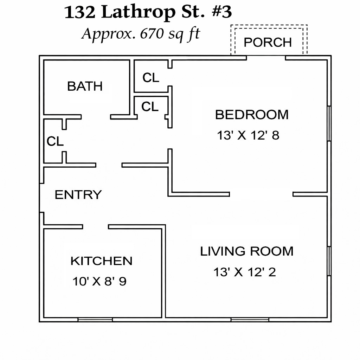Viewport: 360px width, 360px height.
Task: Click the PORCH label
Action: click(268, 42)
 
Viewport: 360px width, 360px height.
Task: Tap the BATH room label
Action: click(85, 86)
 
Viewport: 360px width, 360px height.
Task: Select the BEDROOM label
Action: click(252, 115)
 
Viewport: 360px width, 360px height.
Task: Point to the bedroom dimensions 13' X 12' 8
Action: click(248, 135)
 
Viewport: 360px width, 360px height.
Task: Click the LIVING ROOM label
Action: click(247, 251)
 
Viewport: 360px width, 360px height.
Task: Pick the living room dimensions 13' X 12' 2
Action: click(245, 272)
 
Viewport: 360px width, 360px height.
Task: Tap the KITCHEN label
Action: click(101, 261)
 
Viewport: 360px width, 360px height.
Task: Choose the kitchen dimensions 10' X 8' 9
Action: click(99, 281)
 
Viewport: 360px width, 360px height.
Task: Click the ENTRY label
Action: click(78, 195)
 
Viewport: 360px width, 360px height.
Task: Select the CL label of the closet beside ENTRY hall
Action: click(55, 141)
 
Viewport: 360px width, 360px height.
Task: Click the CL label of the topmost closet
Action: click(150, 78)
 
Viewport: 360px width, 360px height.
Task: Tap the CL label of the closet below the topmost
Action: click(150, 107)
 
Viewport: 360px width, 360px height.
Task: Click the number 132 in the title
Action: click(79, 12)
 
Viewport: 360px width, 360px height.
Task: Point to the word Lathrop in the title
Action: click(139, 12)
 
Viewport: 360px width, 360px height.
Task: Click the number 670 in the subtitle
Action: click(152, 33)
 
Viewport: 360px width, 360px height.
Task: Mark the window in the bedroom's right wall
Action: click(329, 123)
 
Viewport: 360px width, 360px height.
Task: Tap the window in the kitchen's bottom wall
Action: click(95, 320)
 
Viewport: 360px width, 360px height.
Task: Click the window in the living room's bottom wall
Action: click(250, 320)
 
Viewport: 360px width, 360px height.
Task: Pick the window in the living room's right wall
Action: click(329, 261)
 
